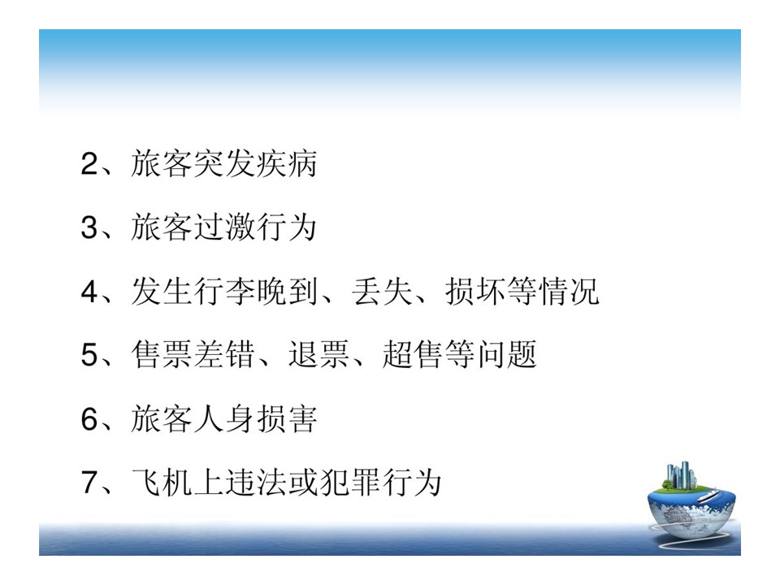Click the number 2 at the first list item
coord(90,163)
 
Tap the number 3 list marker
coord(90,227)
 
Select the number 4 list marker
coord(90,291)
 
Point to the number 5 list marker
coord(90,355)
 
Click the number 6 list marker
coord(90,418)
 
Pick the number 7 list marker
coord(90,482)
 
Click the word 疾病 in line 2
coord(286,163)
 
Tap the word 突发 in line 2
coord(224,163)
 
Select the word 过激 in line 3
coord(224,227)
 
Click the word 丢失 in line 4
coord(382,291)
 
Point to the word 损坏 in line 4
coord(475,291)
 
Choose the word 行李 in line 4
coord(224,291)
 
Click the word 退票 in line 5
coord(318,355)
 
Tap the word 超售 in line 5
coord(413,355)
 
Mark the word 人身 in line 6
coord(224,418)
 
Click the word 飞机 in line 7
coord(162,482)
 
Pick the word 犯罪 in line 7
coord(350,482)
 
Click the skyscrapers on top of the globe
coord(680,474)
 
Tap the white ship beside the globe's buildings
coord(707,496)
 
